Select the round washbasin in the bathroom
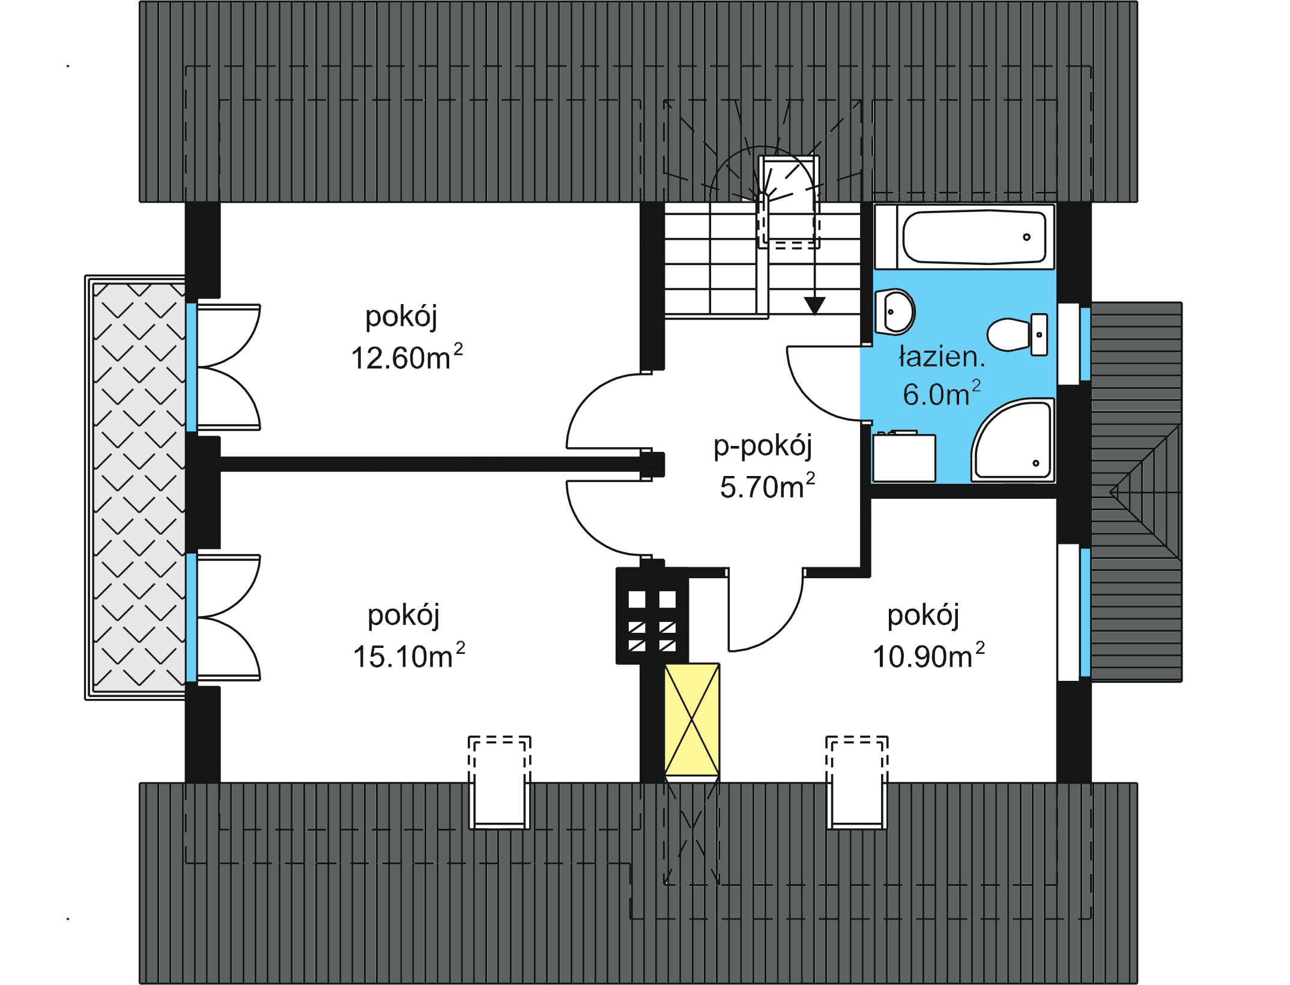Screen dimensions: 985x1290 [895, 312]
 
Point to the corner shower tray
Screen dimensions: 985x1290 [1014, 441]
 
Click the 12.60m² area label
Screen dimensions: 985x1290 [406, 358]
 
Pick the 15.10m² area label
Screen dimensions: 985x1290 [408, 656]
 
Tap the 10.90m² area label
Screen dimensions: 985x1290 [928, 656]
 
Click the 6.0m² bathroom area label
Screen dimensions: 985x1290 [941, 394]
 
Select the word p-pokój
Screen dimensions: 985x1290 [762, 446]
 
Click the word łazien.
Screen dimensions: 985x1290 [942, 357]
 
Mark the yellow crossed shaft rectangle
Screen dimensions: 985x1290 [692, 719]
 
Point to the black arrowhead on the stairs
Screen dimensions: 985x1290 [814, 306]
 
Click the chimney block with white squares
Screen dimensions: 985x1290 [652, 616]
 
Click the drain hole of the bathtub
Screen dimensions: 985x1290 [1026, 237]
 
